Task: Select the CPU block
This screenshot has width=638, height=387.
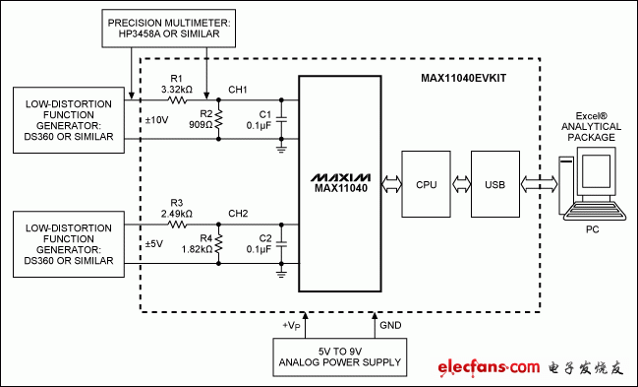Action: [x=426, y=183]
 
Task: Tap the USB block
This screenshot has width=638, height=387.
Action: [x=494, y=183]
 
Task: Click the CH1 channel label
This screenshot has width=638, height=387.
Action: [x=240, y=89]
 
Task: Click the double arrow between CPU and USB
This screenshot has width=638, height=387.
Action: [x=460, y=183]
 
